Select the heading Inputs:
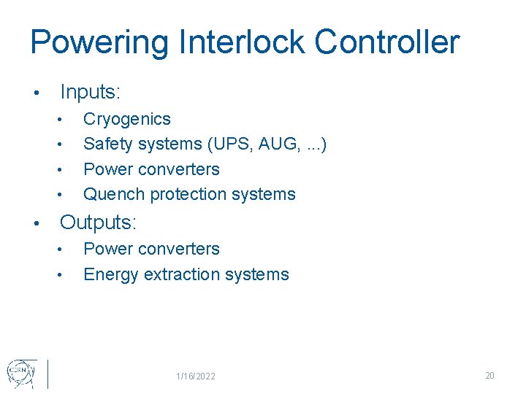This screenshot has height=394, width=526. pos(91,93)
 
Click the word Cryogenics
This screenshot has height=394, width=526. pos(127,120)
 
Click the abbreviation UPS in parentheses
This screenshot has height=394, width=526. pos(229,144)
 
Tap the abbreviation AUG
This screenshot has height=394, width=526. pos(275,144)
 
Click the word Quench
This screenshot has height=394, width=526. pos(114,195)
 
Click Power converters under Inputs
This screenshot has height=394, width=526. pos(151,169)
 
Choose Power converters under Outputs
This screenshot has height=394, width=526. pos(151,250)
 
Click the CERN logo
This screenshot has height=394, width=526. pos(20,373)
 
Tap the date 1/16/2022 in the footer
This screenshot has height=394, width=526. pos(196,376)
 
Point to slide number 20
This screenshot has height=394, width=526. pos(489,376)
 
